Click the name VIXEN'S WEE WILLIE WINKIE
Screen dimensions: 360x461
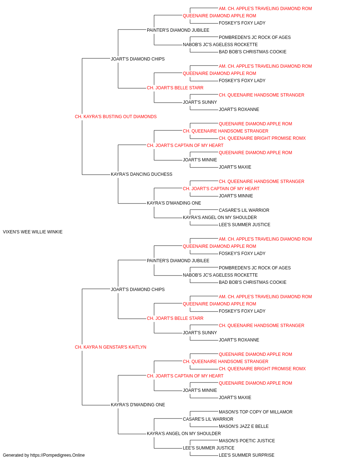point(33,232)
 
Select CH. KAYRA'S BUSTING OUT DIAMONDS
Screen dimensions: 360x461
point(116,117)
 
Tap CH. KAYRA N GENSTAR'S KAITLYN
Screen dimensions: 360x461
point(111,347)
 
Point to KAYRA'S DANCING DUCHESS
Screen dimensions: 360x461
point(141,174)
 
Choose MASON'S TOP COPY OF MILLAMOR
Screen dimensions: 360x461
point(256,412)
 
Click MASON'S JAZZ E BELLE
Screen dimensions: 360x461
point(244,426)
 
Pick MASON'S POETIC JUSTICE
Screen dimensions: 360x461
point(247,441)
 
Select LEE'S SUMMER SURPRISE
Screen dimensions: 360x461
point(247,455)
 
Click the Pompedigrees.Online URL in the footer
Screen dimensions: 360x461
point(58,455)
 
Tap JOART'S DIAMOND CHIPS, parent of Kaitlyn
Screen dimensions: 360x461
point(138,290)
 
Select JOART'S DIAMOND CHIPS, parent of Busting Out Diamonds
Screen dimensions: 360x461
point(138,59)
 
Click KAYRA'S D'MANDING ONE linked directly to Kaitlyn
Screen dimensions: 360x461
point(138,405)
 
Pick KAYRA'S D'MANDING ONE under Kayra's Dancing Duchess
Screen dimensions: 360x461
point(174,203)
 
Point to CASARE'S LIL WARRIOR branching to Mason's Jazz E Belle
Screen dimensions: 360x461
point(208,419)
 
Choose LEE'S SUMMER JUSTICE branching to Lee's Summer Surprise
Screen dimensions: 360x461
point(208,448)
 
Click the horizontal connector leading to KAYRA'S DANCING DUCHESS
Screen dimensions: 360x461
point(96,175)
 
